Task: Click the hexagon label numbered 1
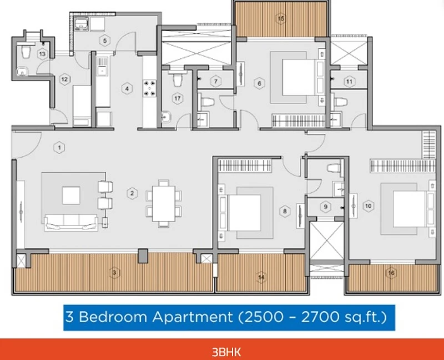click(x=59, y=147)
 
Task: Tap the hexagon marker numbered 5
click(x=105, y=41)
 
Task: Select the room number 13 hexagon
click(x=42, y=53)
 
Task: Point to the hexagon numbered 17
click(x=178, y=98)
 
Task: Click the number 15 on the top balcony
click(x=281, y=18)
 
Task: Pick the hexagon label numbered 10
click(x=369, y=206)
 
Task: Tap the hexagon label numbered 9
click(x=326, y=207)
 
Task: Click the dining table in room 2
click(x=163, y=203)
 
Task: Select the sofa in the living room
click(x=71, y=223)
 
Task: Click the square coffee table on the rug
click(x=71, y=196)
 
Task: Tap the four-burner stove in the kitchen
click(x=149, y=88)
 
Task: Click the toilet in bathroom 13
click(x=26, y=52)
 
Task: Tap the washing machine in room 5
click(x=81, y=24)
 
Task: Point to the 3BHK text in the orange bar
click(x=226, y=352)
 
